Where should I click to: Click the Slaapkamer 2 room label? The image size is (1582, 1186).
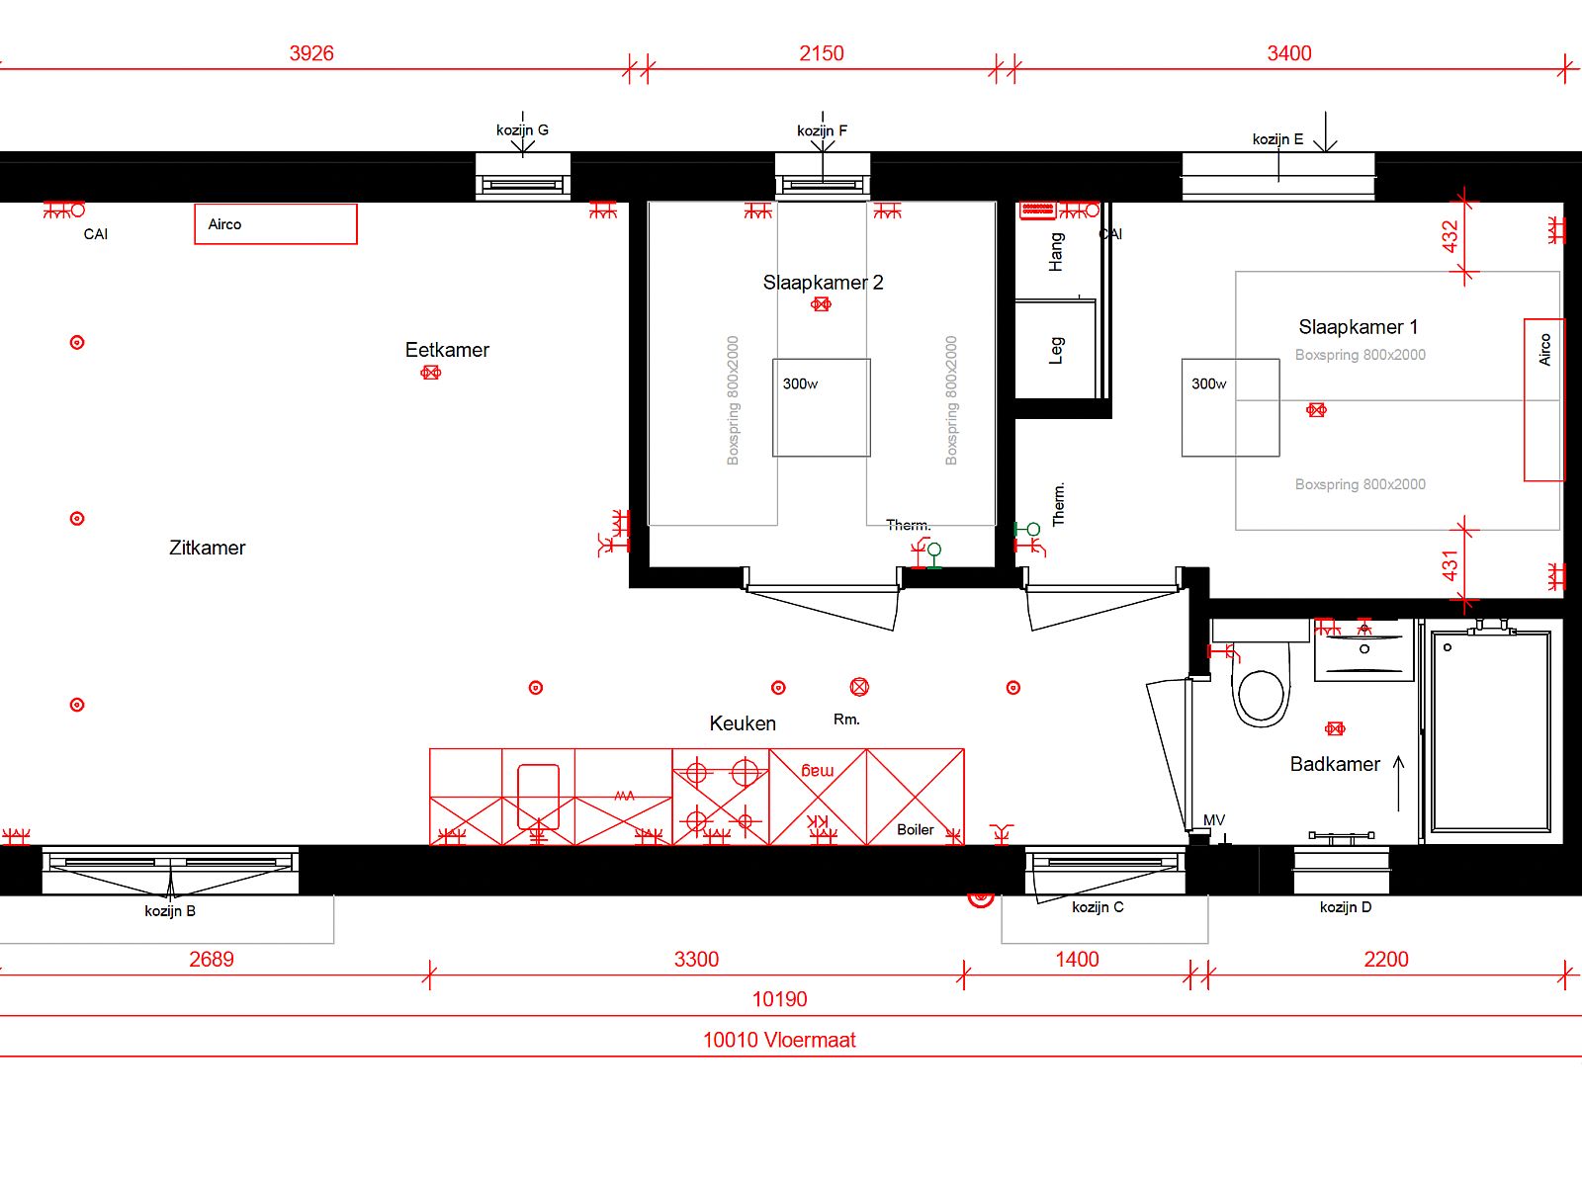(823, 283)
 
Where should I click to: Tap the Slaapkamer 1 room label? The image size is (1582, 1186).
(1358, 327)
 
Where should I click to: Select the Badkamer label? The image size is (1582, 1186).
(1335, 764)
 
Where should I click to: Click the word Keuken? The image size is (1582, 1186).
(743, 723)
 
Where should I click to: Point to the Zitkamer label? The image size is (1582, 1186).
(207, 548)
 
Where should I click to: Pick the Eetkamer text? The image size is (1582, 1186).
(447, 350)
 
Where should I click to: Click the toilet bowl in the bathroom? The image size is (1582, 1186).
(1261, 695)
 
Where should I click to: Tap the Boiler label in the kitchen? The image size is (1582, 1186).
(915, 829)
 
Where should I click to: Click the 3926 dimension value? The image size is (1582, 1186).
(311, 53)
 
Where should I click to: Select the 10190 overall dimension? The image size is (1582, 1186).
(779, 999)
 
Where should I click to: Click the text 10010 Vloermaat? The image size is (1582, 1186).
(779, 1040)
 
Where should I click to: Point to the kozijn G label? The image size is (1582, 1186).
(522, 129)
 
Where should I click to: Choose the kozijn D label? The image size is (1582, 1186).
(1346, 907)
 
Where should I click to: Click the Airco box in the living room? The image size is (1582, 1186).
(275, 224)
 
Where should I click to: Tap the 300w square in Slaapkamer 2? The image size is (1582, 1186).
(822, 407)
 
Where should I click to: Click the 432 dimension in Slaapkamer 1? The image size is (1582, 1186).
(1450, 236)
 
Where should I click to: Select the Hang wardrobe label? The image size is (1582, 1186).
(1056, 252)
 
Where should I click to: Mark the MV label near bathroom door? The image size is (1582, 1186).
(1214, 820)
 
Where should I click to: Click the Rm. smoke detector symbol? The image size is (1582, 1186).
(859, 687)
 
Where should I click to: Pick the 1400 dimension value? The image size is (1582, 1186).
(1077, 960)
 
